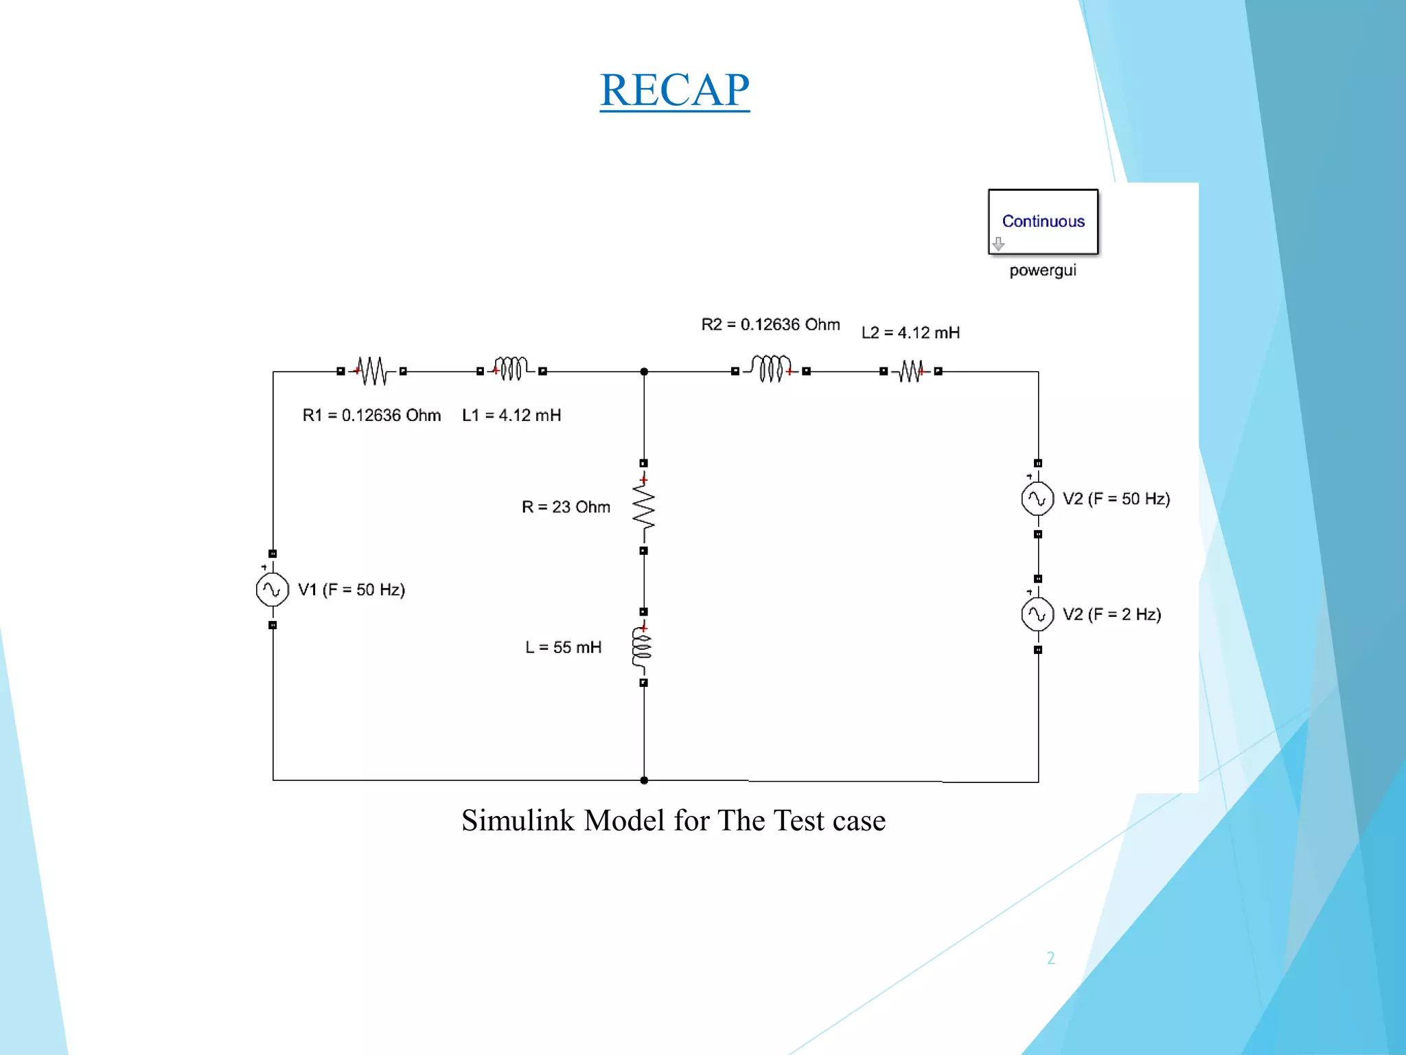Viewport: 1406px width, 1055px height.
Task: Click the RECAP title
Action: pos(674,90)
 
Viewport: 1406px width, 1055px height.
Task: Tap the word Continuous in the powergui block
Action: pos(1043,221)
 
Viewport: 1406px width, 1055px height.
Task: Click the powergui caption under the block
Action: pos(1042,271)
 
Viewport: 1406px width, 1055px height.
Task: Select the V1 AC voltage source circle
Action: pos(272,589)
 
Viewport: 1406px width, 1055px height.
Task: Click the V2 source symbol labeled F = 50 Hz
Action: pos(1037,499)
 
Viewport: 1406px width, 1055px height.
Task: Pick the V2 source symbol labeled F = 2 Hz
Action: pos(1037,615)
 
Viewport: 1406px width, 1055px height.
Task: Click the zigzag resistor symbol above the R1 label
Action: pos(372,371)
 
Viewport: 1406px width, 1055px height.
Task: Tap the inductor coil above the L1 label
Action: pos(511,369)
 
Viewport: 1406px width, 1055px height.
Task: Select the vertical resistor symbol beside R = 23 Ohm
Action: pos(643,508)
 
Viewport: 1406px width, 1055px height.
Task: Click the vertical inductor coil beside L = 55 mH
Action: pos(642,647)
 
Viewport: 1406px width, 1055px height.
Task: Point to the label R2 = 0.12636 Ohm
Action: pos(770,324)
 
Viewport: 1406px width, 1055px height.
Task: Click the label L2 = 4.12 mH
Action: pos(910,333)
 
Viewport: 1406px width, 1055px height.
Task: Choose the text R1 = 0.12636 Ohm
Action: pos(371,416)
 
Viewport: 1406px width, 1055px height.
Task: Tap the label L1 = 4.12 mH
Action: pos(511,416)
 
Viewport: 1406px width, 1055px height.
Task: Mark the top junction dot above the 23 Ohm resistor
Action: pos(644,372)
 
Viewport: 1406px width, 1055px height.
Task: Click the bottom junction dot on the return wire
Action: pos(644,780)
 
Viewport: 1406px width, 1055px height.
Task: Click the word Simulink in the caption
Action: pos(518,821)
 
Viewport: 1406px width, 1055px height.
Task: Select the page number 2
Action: pos(1050,958)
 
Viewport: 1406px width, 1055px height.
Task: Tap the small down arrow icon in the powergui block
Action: pos(998,244)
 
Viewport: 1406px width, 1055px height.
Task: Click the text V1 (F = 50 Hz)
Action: pos(351,590)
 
